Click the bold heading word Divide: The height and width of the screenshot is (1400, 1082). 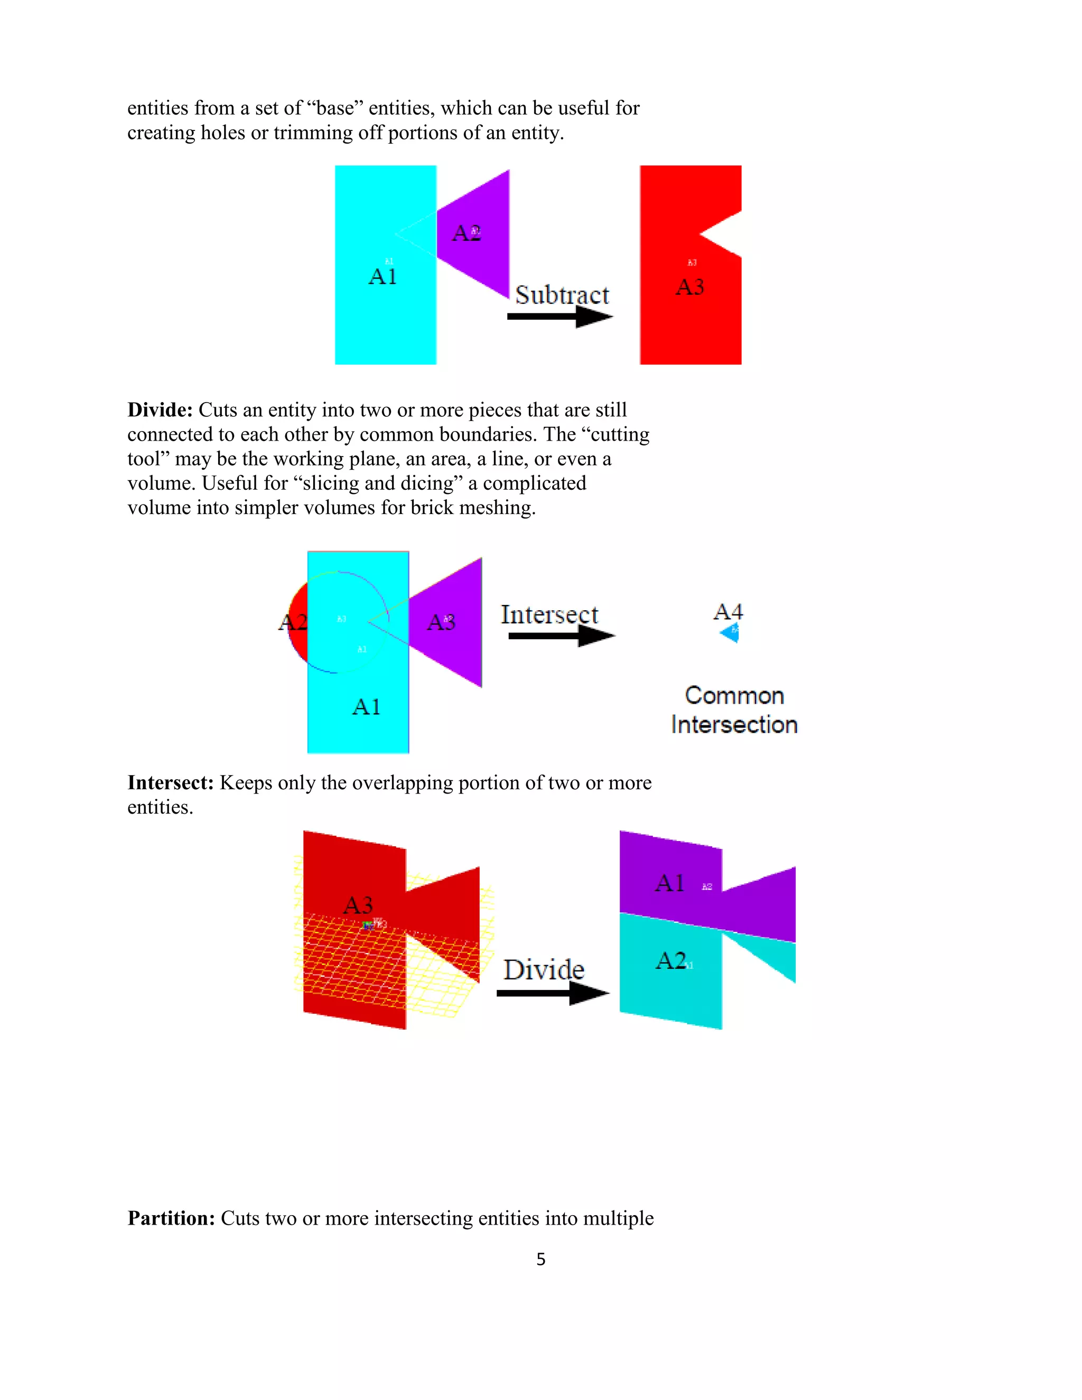point(160,409)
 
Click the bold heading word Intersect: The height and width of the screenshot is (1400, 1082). point(170,783)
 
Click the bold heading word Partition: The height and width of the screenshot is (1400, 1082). point(171,1218)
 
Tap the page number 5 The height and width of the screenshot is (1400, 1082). point(540,1259)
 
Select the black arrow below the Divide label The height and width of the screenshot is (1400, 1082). point(552,994)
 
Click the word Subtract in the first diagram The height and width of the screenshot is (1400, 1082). point(562,295)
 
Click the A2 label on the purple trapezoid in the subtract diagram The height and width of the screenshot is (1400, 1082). point(466,234)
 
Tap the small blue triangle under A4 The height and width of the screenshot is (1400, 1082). point(730,633)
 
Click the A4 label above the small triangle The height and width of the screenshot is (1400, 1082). point(728,612)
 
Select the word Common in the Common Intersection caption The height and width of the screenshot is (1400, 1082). point(734,696)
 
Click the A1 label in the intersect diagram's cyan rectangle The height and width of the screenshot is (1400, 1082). point(367,706)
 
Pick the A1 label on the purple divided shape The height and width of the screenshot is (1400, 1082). point(670,883)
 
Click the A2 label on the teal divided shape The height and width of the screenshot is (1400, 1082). point(671,960)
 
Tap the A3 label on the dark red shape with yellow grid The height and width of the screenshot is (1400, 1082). point(358,905)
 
